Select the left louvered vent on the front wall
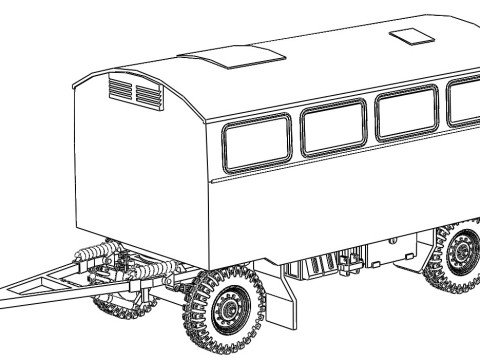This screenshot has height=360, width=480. pyautogui.click(x=120, y=92)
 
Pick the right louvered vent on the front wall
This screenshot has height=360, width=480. pyautogui.click(x=148, y=95)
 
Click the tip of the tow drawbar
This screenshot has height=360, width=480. pyautogui.click(x=5, y=297)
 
